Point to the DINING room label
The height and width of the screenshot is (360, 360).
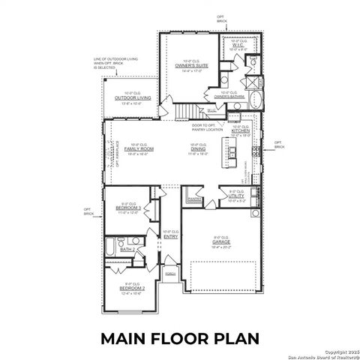(x=198, y=149)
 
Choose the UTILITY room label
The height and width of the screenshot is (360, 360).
(x=238, y=196)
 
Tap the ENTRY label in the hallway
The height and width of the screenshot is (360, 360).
(x=170, y=237)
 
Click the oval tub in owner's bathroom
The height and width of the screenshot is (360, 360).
(x=258, y=101)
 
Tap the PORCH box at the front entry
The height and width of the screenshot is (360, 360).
(x=169, y=274)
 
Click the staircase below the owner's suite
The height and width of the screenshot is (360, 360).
(x=183, y=112)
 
